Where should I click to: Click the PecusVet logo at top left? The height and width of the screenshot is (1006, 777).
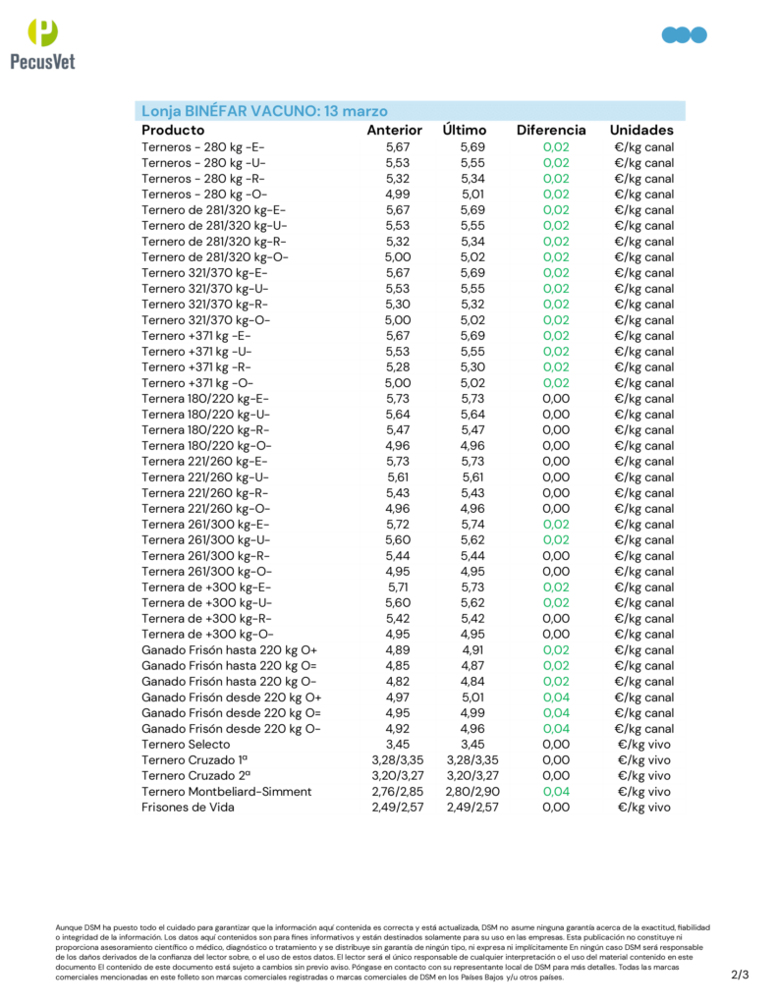40,44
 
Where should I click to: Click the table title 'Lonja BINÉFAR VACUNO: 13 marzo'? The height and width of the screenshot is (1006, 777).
264,110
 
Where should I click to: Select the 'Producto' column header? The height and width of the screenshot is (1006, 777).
173,130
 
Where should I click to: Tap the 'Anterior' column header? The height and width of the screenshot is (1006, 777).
394,130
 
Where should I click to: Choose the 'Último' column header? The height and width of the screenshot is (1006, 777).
465,130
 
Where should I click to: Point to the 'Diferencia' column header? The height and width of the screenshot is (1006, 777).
551,130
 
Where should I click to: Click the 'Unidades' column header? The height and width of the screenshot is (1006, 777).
641,130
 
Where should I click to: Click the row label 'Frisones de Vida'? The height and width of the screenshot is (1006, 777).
188,808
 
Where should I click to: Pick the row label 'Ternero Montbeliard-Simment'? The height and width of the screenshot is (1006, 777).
227,792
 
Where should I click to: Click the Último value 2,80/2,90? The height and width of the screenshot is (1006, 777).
472,792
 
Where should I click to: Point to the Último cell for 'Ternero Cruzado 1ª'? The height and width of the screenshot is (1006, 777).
472,760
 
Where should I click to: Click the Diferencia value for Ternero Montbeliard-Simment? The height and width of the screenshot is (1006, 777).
555,792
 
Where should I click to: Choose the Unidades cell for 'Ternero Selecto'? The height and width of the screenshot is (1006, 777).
644,745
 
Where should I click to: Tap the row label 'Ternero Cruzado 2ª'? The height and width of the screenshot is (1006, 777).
194,776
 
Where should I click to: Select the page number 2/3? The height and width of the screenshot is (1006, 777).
740,975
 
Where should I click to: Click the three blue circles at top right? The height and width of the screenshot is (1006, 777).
685,35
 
